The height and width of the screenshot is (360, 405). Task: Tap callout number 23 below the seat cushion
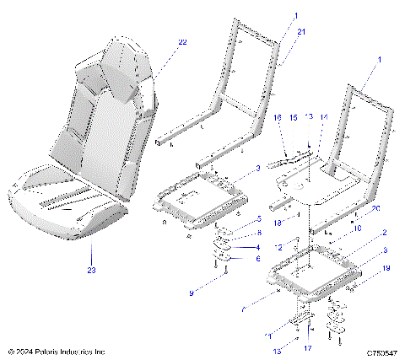91,271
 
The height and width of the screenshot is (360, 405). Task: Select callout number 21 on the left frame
302,31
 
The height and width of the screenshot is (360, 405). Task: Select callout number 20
377,208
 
